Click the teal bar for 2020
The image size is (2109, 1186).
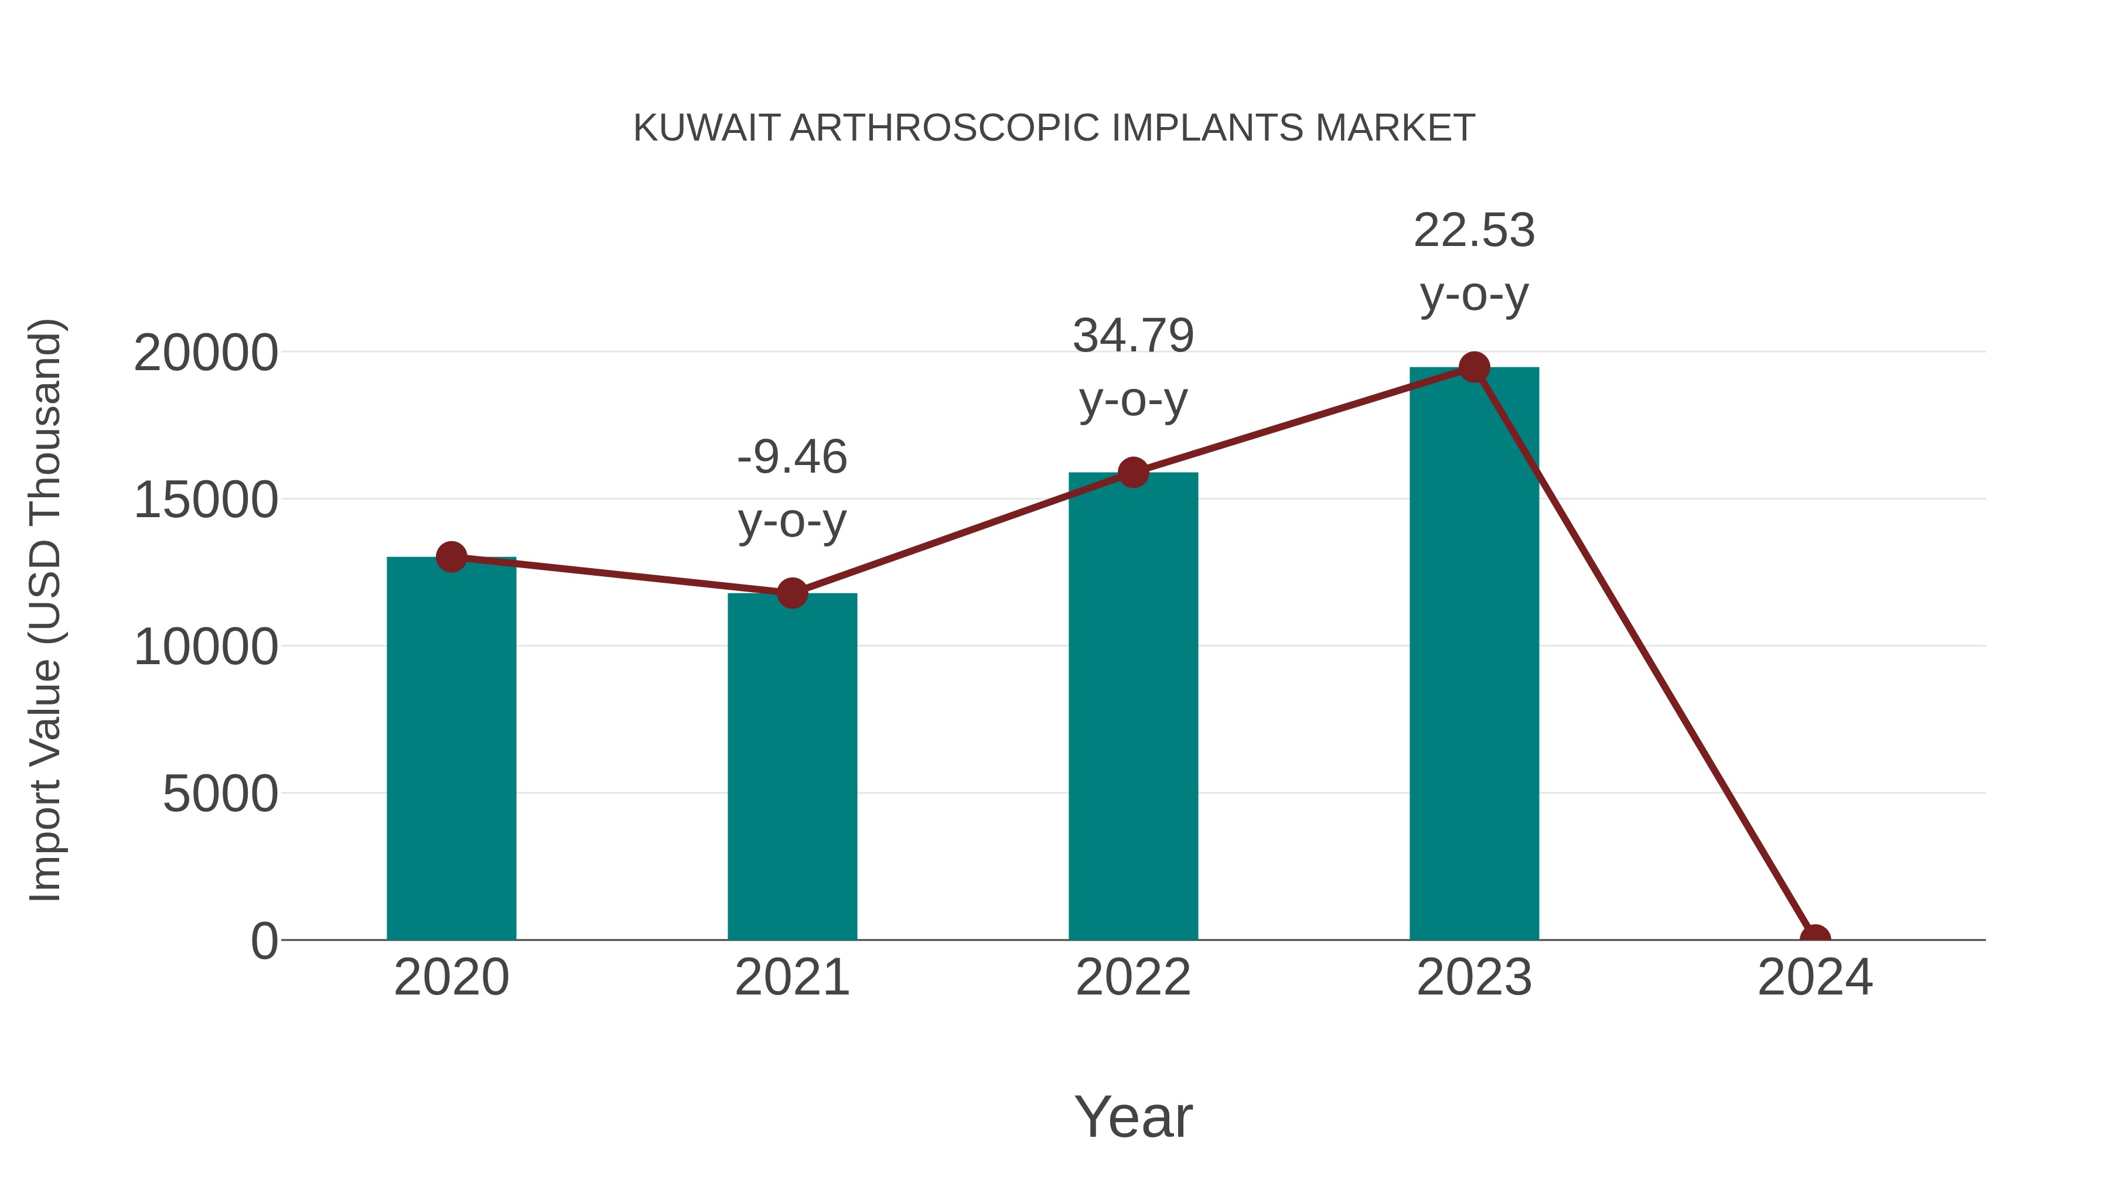451,749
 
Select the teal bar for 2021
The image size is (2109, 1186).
791,767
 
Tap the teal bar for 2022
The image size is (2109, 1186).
1133,706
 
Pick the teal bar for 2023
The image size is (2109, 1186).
1474,654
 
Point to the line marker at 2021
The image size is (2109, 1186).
791,593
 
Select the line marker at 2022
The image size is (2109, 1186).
1133,472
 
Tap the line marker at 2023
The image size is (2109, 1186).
1474,367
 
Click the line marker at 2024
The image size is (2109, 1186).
1815,938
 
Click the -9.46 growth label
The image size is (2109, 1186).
791,457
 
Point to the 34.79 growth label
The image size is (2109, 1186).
1133,336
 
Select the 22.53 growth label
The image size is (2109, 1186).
1474,231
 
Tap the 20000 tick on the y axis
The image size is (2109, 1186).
206,354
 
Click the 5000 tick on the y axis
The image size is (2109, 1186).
220,794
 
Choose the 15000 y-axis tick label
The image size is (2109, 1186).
206,500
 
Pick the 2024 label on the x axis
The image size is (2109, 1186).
1815,977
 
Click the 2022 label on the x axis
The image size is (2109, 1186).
1133,977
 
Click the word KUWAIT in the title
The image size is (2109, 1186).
706,128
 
